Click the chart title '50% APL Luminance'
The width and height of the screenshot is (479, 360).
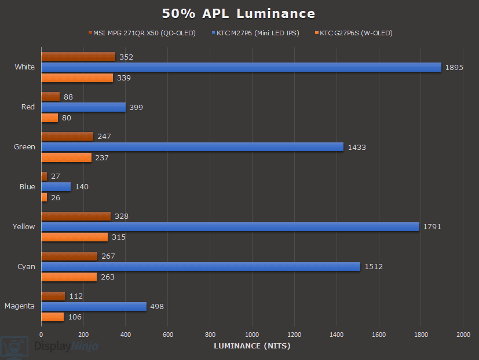coord(239,14)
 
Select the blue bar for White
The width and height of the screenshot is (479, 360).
coord(241,67)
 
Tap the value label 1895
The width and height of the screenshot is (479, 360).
coord(454,68)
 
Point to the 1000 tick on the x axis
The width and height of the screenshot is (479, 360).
coord(252,335)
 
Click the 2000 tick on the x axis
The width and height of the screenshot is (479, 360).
coord(463,335)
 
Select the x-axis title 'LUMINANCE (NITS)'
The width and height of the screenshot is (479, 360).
coord(252,346)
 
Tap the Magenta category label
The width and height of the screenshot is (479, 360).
coord(20,306)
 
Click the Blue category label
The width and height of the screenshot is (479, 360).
coord(27,187)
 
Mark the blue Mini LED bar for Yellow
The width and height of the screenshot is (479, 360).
coord(230,227)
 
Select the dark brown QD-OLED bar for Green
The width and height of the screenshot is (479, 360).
coord(67,136)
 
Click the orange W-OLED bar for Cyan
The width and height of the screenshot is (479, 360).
coord(69,277)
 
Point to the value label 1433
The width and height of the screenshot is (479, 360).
coord(357,148)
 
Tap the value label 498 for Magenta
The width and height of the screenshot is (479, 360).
coord(157,307)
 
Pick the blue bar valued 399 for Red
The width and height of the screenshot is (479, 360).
coord(83,107)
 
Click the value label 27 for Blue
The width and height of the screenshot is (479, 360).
coord(56,176)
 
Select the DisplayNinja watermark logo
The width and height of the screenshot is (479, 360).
coord(49,346)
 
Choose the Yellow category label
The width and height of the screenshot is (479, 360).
coord(24,227)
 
